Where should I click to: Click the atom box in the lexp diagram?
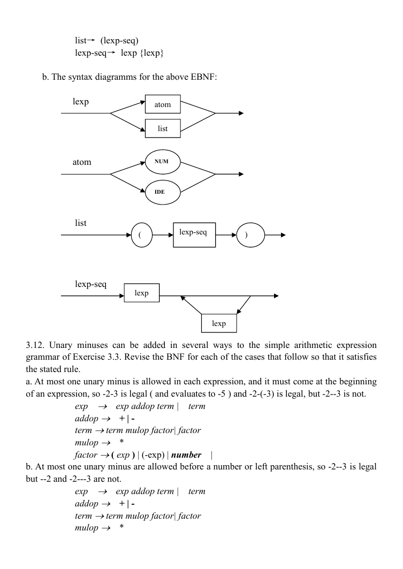point(163,104)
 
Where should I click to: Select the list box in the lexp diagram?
point(163,128)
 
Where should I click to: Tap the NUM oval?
point(163,162)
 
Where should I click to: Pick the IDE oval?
point(163,192)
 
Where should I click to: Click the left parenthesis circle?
point(141,235)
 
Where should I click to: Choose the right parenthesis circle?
point(250,235)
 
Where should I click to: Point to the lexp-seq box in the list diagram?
point(194,235)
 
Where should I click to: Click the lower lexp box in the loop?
point(219,323)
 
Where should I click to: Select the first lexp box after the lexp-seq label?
point(141,292)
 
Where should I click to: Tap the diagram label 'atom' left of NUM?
point(82,162)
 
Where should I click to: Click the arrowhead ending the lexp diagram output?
point(241,113)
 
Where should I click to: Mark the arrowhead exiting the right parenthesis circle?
point(283,235)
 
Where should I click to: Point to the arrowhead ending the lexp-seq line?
point(276,296)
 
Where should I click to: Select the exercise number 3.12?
point(35,345)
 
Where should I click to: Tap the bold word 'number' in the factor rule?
point(186,454)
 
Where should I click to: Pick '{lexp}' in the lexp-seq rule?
point(152,53)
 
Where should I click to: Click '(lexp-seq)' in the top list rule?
point(119,41)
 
